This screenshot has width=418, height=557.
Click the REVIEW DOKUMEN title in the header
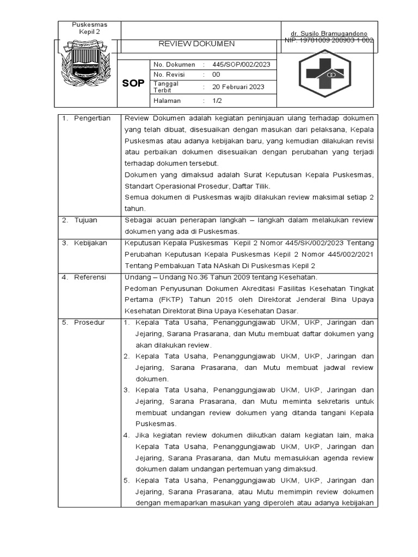tap(196, 44)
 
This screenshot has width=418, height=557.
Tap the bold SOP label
tap(133, 83)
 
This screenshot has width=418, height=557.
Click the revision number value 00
tap(216, 75)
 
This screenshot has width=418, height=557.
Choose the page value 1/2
tap(217, 101)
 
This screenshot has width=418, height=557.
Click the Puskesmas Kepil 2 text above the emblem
tap(90, 28)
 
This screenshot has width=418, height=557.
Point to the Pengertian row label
tap(92, 118)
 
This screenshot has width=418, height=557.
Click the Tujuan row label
tap(85, 220)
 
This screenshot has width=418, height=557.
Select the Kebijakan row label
tap(90, 243)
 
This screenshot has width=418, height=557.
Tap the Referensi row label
tap(90, 277)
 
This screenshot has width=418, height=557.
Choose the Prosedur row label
tap(89, 323)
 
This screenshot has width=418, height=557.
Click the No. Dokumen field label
tap(174, 64)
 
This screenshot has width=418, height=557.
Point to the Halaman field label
tap(167, 101)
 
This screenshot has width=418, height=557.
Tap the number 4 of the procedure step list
tap(126, 435)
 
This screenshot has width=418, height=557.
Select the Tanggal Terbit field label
tap(167, 87)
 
